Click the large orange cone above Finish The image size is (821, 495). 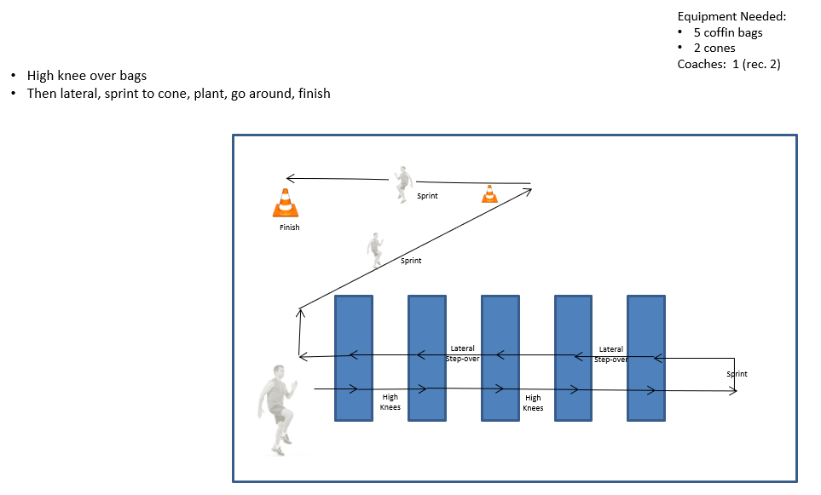(x=286, y=203)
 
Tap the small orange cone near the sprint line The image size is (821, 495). (x=489, y=193)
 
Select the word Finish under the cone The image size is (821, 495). (x=290, y=227)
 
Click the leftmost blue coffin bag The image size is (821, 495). (x=354, y=358)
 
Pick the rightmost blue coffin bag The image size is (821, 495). (x=646, y=358)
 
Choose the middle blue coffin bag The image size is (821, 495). (x=500, y=358)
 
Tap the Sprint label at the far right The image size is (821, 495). (x=737, y=374)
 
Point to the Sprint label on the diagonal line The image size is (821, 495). (x=411, y=261)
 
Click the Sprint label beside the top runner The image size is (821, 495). (x=427, y=196)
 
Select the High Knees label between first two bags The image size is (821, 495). (x=390, y=402)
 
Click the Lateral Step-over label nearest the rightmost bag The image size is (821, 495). (x=611, y=354)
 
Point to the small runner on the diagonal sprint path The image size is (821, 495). (x=375, y=250)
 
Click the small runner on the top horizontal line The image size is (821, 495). (x=403, y=184)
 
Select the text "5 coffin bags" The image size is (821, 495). (x=728, y=32)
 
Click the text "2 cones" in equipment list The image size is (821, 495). (x=714, y=49)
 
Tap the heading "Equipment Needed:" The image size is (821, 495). (x=731, y=16)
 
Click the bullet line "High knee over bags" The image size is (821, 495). (x=87, y=75)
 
